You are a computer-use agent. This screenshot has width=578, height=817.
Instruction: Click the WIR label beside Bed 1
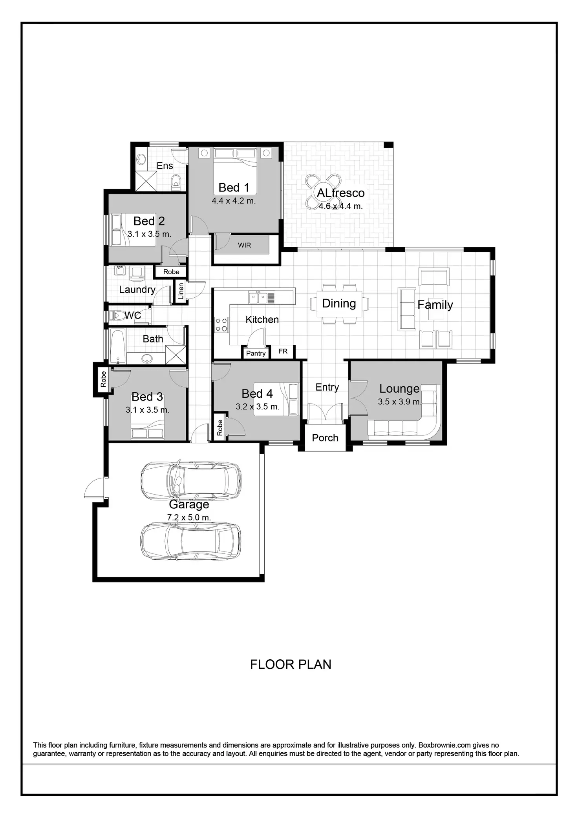coord(244,246)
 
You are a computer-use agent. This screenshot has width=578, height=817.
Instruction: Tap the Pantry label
coord(256,353)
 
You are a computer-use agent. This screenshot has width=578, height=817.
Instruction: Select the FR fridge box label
coord(283,351)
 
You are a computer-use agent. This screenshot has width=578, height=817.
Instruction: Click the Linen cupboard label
coord(181,291)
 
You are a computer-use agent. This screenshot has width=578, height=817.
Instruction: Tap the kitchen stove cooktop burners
coord(221,325)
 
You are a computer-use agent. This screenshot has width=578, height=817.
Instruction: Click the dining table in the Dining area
coord(339,304)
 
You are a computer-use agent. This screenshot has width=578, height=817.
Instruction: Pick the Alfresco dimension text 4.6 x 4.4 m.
coord(340,206)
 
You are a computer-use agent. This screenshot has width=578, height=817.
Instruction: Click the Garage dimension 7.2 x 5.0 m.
coord(189,517)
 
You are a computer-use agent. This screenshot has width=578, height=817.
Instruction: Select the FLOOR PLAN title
coord(291,664)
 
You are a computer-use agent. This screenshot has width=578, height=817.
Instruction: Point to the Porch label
coord(325,438)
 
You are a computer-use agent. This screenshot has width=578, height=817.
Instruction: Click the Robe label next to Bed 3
coord(103,379)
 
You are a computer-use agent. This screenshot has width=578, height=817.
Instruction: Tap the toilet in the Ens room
coord(176,181)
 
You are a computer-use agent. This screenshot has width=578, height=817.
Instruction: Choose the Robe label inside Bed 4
coord(220,427)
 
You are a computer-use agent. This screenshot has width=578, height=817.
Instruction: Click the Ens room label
coord(165,166)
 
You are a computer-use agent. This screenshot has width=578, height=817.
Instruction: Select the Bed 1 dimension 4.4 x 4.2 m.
coord(234,201)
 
